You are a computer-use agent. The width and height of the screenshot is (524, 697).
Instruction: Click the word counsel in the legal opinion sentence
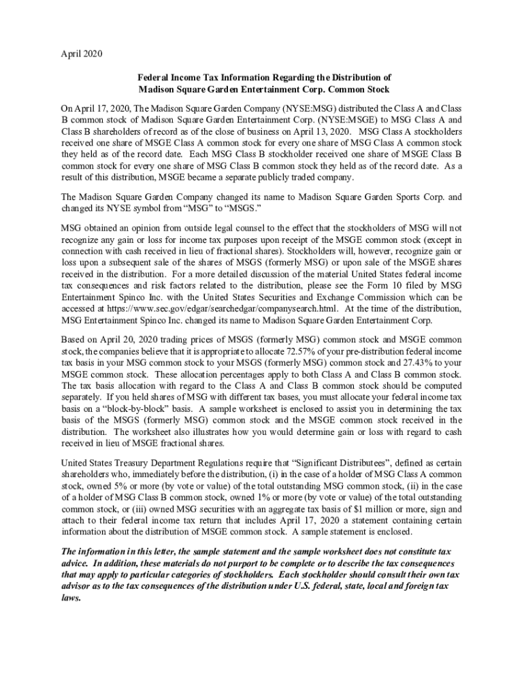[223, 227]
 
